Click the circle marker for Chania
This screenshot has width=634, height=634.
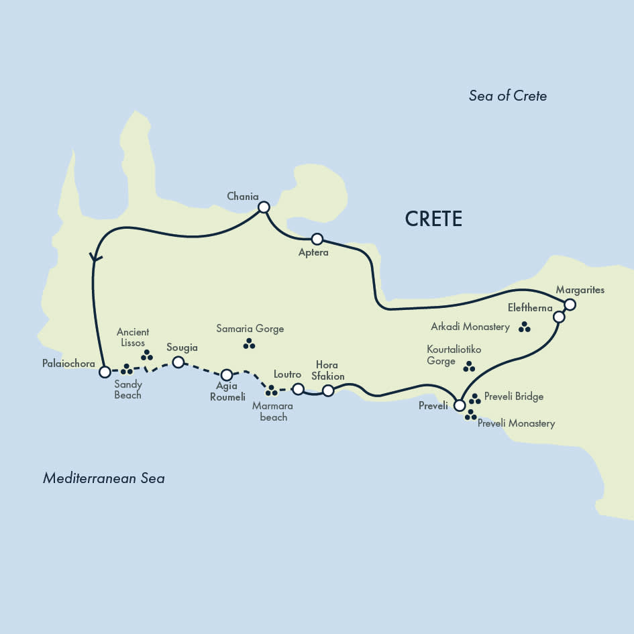click(264, 207)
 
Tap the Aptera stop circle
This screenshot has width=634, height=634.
click(317, 239)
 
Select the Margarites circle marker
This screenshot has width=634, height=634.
click(570, 305)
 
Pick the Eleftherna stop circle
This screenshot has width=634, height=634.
click(559, 317)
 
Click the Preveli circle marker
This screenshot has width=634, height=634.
click(459, 405)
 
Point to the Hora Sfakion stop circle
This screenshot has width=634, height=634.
click(328, 390)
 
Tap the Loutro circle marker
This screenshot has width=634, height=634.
click(299, 388)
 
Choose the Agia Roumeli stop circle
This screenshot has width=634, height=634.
click(227, 374)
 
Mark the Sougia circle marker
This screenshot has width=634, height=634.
click(178, 362)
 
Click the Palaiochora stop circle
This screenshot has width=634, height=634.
click(105, 371)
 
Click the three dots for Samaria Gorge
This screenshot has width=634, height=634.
click(249, 344)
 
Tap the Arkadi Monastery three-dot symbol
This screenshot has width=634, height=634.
click(525, 327)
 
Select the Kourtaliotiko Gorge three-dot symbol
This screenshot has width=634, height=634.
click(469, 367)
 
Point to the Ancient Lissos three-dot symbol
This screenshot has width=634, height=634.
click(146, 355)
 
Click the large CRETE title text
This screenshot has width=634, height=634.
click(433, 219)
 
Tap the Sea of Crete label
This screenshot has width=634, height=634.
click(507, 96)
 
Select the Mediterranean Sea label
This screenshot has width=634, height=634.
click(103, 478)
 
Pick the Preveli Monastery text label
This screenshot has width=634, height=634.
click(516, 424)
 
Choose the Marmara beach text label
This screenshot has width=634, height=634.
click(273, 411)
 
